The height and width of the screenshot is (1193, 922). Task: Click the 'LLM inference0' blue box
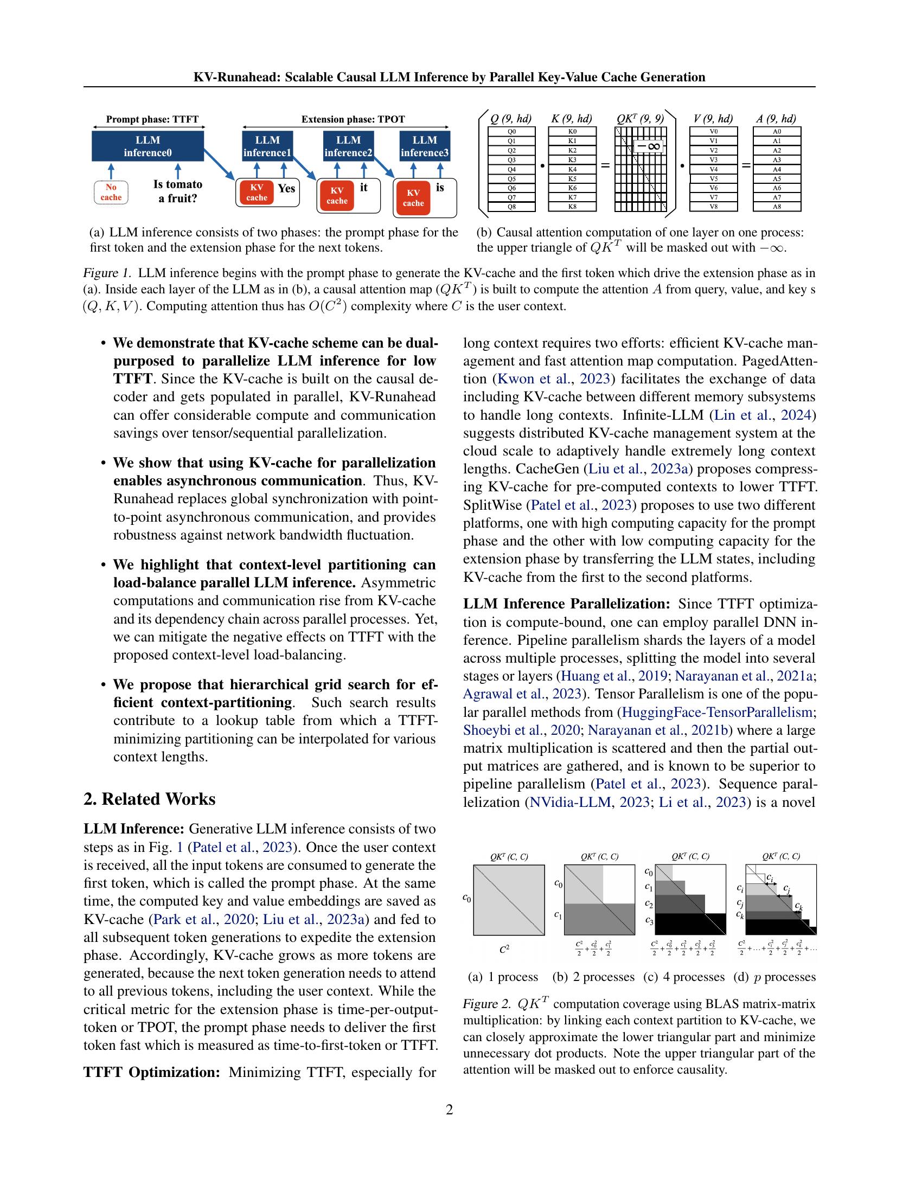pos(148,146)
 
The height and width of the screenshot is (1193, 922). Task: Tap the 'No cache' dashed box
pos(111,193)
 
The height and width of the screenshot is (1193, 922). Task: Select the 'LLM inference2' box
pos(348,146)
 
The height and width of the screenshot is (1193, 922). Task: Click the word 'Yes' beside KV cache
pos(286,189)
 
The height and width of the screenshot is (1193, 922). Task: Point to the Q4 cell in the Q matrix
pos(511,169)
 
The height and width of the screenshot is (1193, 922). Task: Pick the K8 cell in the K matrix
pos(572,207)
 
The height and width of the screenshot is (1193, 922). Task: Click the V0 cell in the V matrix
pos(713,132)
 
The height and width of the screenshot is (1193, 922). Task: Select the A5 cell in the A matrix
pos(776,178)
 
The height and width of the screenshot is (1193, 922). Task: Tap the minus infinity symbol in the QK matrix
pos(649,146)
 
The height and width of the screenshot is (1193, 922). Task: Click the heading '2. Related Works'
pos(149,799)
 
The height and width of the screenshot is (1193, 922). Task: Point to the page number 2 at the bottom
pos(450,1109)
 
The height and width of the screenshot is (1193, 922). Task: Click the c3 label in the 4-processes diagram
pos(648,920)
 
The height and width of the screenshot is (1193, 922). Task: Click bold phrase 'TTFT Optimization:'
pos(151,1072)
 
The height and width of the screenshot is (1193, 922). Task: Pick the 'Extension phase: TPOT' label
pos(354,119)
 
